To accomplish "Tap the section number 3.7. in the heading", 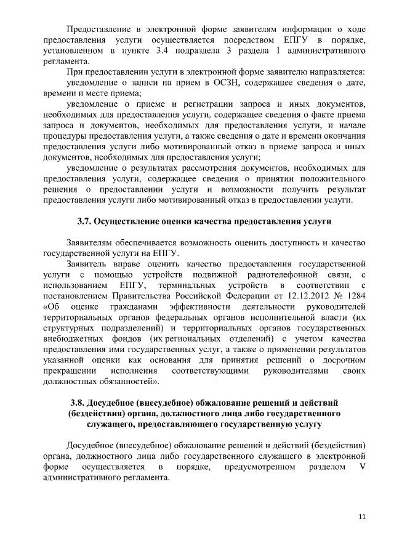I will pos(85,220).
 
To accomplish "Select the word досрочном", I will pos(341,359).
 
